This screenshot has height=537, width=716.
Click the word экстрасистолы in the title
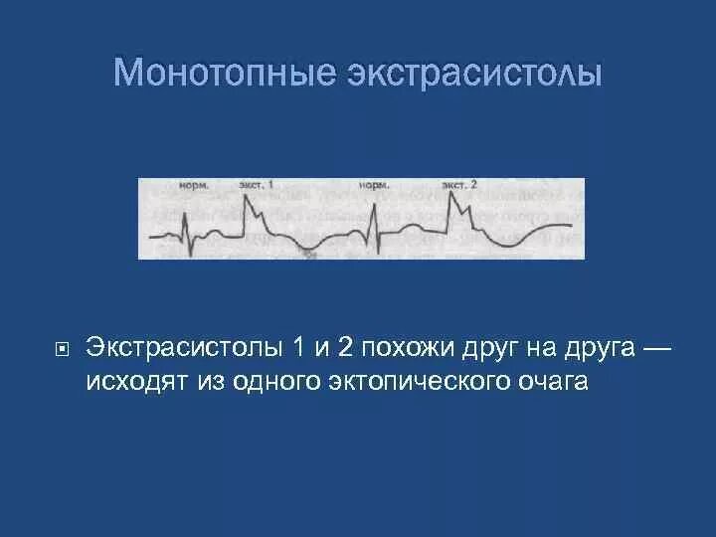tap(474, 72)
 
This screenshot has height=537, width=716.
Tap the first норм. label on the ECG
tap(193, 185)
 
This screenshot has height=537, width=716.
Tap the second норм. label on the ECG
tap(372, 185)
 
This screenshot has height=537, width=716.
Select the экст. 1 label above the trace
tap(257, 185)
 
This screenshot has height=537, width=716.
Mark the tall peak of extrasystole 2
tap(452, 194)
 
